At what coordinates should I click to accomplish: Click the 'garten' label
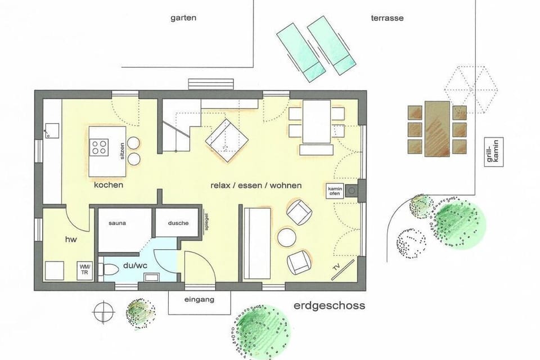183,17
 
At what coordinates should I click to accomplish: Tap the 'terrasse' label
387,17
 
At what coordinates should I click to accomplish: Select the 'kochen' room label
109,184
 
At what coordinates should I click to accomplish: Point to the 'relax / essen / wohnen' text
256,185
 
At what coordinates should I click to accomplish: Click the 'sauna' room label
118,223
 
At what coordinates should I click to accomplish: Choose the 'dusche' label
178,223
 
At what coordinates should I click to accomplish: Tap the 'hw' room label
70,240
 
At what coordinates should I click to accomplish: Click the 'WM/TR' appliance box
85,269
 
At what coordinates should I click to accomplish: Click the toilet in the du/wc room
110,270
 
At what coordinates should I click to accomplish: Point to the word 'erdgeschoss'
329,306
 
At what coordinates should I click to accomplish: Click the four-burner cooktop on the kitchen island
100,147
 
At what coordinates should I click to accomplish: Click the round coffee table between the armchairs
287,236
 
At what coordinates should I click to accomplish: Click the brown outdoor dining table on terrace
437,128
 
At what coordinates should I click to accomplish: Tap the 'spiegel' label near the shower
207,220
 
